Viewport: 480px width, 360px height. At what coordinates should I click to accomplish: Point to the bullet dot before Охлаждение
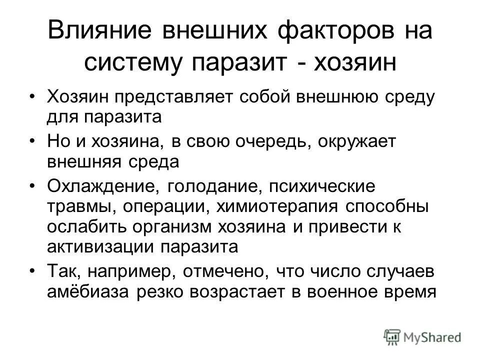coord(33,186)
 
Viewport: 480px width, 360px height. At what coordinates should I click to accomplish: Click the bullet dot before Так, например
coord(33,270)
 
